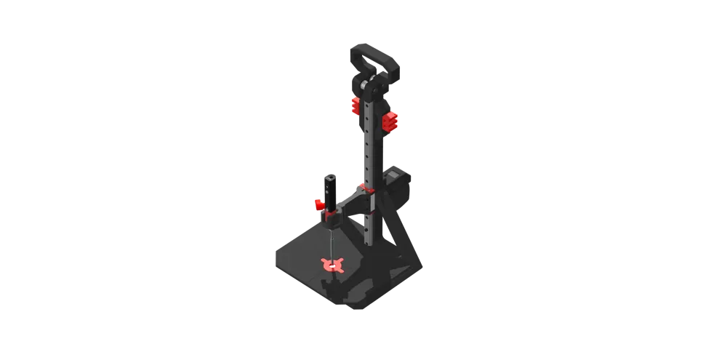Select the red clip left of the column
click(x=356, y=106)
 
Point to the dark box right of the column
click(x=399, y=185)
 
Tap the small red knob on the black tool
click(x=318, y=205)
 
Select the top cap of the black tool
click(x=331, y=175)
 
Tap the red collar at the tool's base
click(x=332, y=216)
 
